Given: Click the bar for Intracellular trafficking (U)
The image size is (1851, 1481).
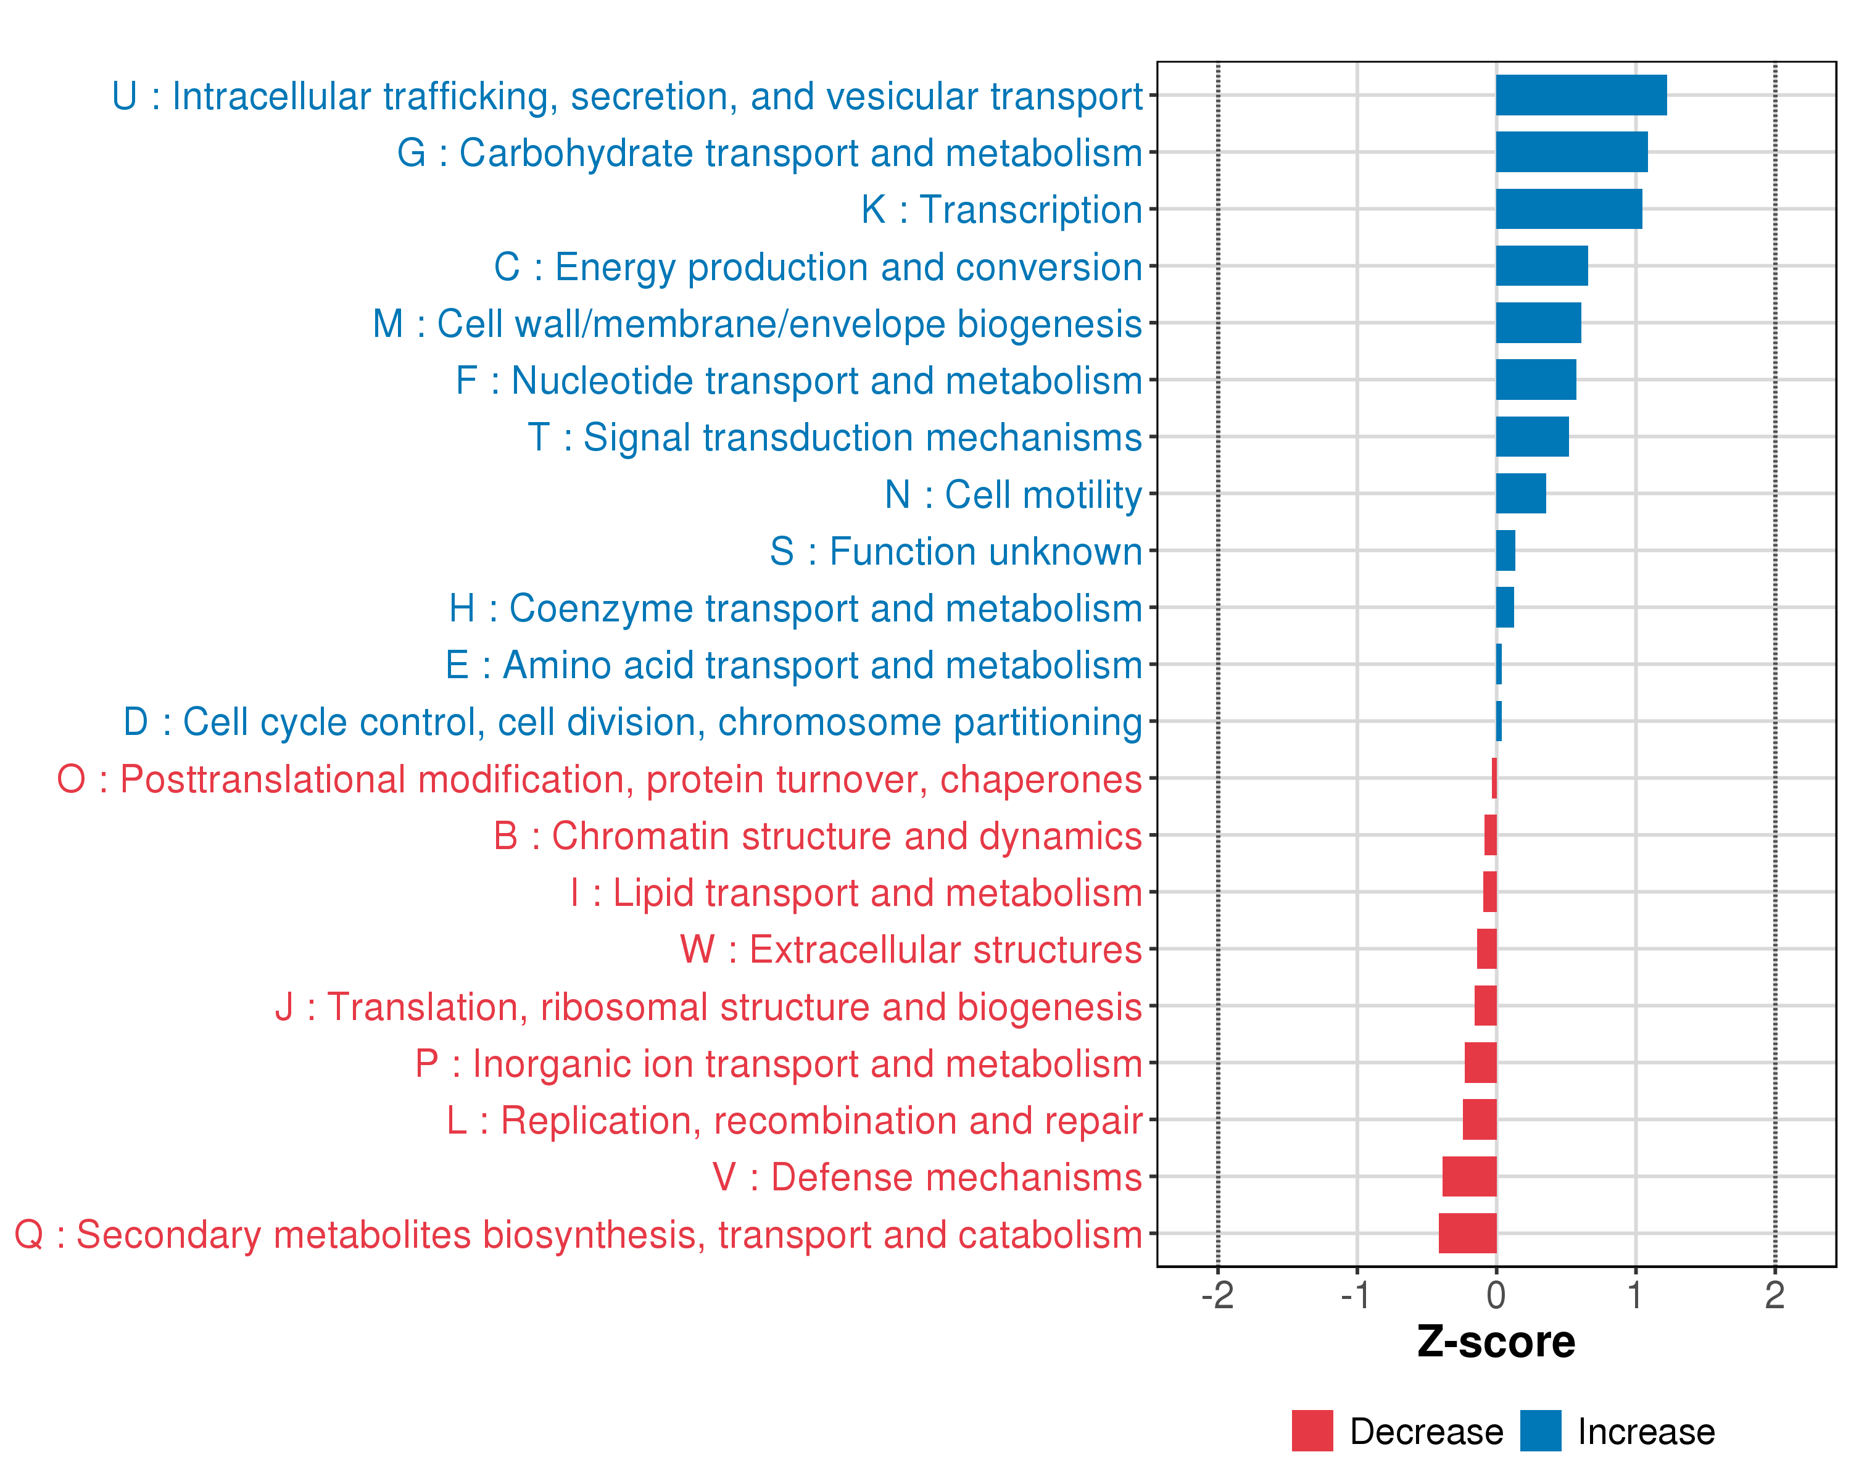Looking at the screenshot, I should [1581, 95].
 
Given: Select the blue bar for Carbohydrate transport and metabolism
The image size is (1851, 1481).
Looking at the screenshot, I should [1571, 152].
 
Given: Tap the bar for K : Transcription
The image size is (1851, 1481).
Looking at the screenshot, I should [1568, 209].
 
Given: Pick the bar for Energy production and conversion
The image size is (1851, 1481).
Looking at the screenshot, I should [1541, 266].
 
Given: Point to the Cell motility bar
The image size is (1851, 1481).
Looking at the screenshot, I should [1520, 494].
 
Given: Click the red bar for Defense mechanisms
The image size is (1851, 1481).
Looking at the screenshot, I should [1469, 1176].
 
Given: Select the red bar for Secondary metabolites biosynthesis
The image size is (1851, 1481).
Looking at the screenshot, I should [1467, 1234].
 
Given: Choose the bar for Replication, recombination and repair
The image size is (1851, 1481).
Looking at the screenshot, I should [1479, 1119].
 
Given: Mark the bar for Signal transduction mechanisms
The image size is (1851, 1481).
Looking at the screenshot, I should [1531, 437].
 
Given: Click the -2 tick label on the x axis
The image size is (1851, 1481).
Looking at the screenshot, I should [1217, 1295].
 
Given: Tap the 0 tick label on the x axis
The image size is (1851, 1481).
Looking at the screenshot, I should [1496, 1295].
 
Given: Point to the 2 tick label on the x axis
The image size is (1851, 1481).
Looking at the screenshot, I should [1774, 1295].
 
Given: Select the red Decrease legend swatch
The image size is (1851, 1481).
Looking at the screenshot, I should [1312, 1431].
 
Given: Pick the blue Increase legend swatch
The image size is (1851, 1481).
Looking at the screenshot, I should [1540, 1431].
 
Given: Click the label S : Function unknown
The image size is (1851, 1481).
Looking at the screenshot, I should [956, 551].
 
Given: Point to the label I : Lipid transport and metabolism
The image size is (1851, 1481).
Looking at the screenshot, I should [856, 893].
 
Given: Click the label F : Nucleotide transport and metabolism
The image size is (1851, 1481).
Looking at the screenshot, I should [798, 380].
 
